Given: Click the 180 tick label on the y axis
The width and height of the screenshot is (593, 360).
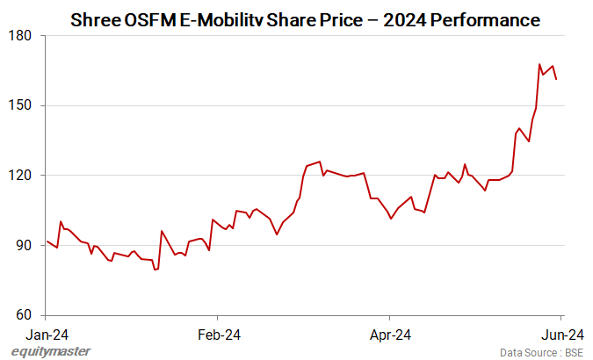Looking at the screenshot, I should [22, 35].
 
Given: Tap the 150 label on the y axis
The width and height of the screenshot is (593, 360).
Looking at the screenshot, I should [22, 105].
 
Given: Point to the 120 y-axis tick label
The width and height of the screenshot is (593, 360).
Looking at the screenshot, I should [22, 176].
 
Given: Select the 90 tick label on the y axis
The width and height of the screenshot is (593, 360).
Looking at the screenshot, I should [25, 245].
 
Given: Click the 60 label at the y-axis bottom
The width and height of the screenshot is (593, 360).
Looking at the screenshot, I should [25, 315].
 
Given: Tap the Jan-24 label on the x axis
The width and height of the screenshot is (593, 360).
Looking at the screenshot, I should [47, 334].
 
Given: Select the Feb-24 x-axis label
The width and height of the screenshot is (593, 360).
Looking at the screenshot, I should [219, 334].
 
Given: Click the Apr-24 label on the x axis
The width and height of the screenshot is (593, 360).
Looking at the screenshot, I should [390, 334].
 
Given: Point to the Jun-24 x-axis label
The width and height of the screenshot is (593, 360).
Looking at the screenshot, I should [561, 334].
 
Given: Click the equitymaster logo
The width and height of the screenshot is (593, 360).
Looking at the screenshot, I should [50, 351].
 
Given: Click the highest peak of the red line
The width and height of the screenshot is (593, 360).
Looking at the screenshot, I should [539, 64].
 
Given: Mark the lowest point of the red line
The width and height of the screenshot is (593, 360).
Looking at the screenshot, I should [155, 270].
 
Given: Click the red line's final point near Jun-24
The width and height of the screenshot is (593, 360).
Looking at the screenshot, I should [556, 80].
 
